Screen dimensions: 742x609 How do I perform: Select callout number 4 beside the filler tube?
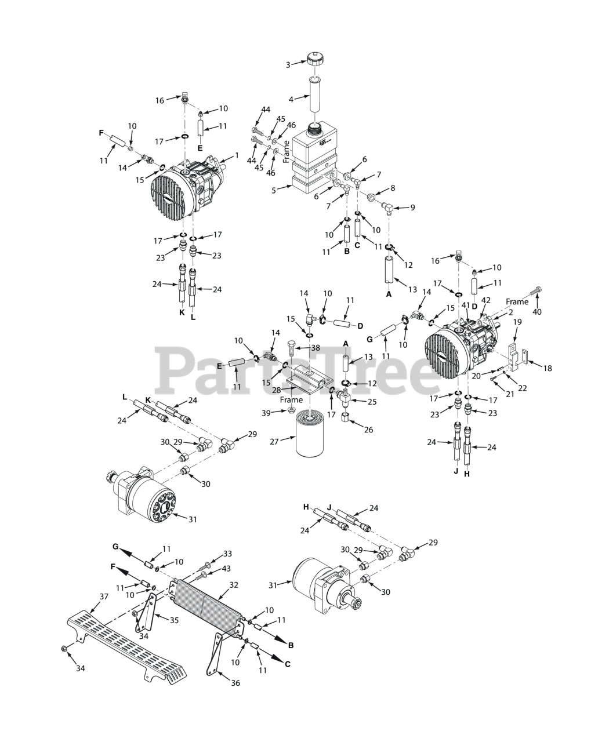291,99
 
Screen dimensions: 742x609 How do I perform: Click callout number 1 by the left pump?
237,155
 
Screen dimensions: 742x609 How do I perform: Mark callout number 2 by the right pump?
511,312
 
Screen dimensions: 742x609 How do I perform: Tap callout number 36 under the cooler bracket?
235,683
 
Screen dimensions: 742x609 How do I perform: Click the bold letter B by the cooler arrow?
291,645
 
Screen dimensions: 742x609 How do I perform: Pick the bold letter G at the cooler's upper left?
115,546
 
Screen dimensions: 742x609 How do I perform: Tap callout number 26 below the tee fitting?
369,430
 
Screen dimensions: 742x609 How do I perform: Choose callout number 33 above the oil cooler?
227,553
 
